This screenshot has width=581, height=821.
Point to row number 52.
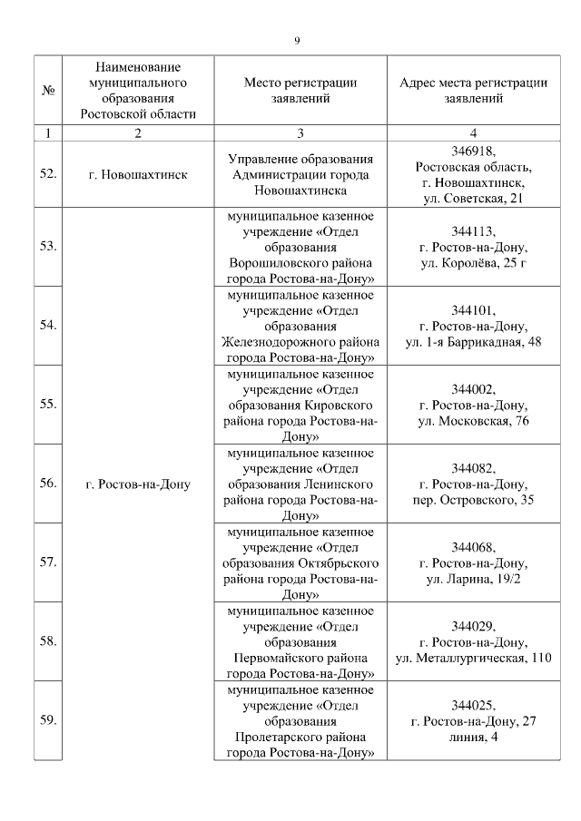pos(47,173)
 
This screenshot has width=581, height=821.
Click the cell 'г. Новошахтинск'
pos(138,173)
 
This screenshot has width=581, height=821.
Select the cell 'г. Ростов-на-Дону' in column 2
pos(138,484)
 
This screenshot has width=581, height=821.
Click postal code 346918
pos(473,150)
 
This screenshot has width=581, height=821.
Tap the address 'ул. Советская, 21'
pos(473,198)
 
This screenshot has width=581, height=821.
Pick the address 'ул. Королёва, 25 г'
pos(473,262)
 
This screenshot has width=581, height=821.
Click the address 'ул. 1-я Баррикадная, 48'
pos(473,341)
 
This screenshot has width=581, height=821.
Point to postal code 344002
pos(473,388)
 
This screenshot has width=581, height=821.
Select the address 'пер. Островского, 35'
pos(473,500)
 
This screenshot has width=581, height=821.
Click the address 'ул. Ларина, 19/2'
pos(473,579)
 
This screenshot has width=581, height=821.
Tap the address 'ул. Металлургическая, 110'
pos(473,657)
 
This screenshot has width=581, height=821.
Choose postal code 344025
pos(473,705)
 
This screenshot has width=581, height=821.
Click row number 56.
pos(47,484)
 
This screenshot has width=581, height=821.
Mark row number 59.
pos(47,720)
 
